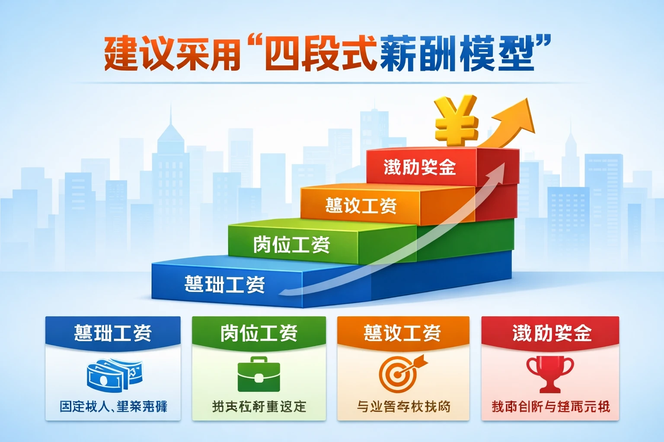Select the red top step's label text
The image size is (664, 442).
(x=420, y=167)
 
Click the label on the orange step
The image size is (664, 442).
(x=361, y=205)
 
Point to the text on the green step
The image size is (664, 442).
(x=291, y=245)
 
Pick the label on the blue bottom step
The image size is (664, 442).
(x=224, y=284)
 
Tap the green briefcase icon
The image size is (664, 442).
(x=259, y=375)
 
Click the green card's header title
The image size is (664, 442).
(x=259, y=333)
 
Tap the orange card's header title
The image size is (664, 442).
(x=402, y=333)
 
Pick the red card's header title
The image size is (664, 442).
(x=552, y=333)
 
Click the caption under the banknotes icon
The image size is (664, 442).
(x=113, y=407)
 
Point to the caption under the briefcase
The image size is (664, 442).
(x=259, y=407)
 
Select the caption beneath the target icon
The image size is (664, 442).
(x=403, y=407)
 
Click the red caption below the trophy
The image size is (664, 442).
(x=550, y=407)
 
